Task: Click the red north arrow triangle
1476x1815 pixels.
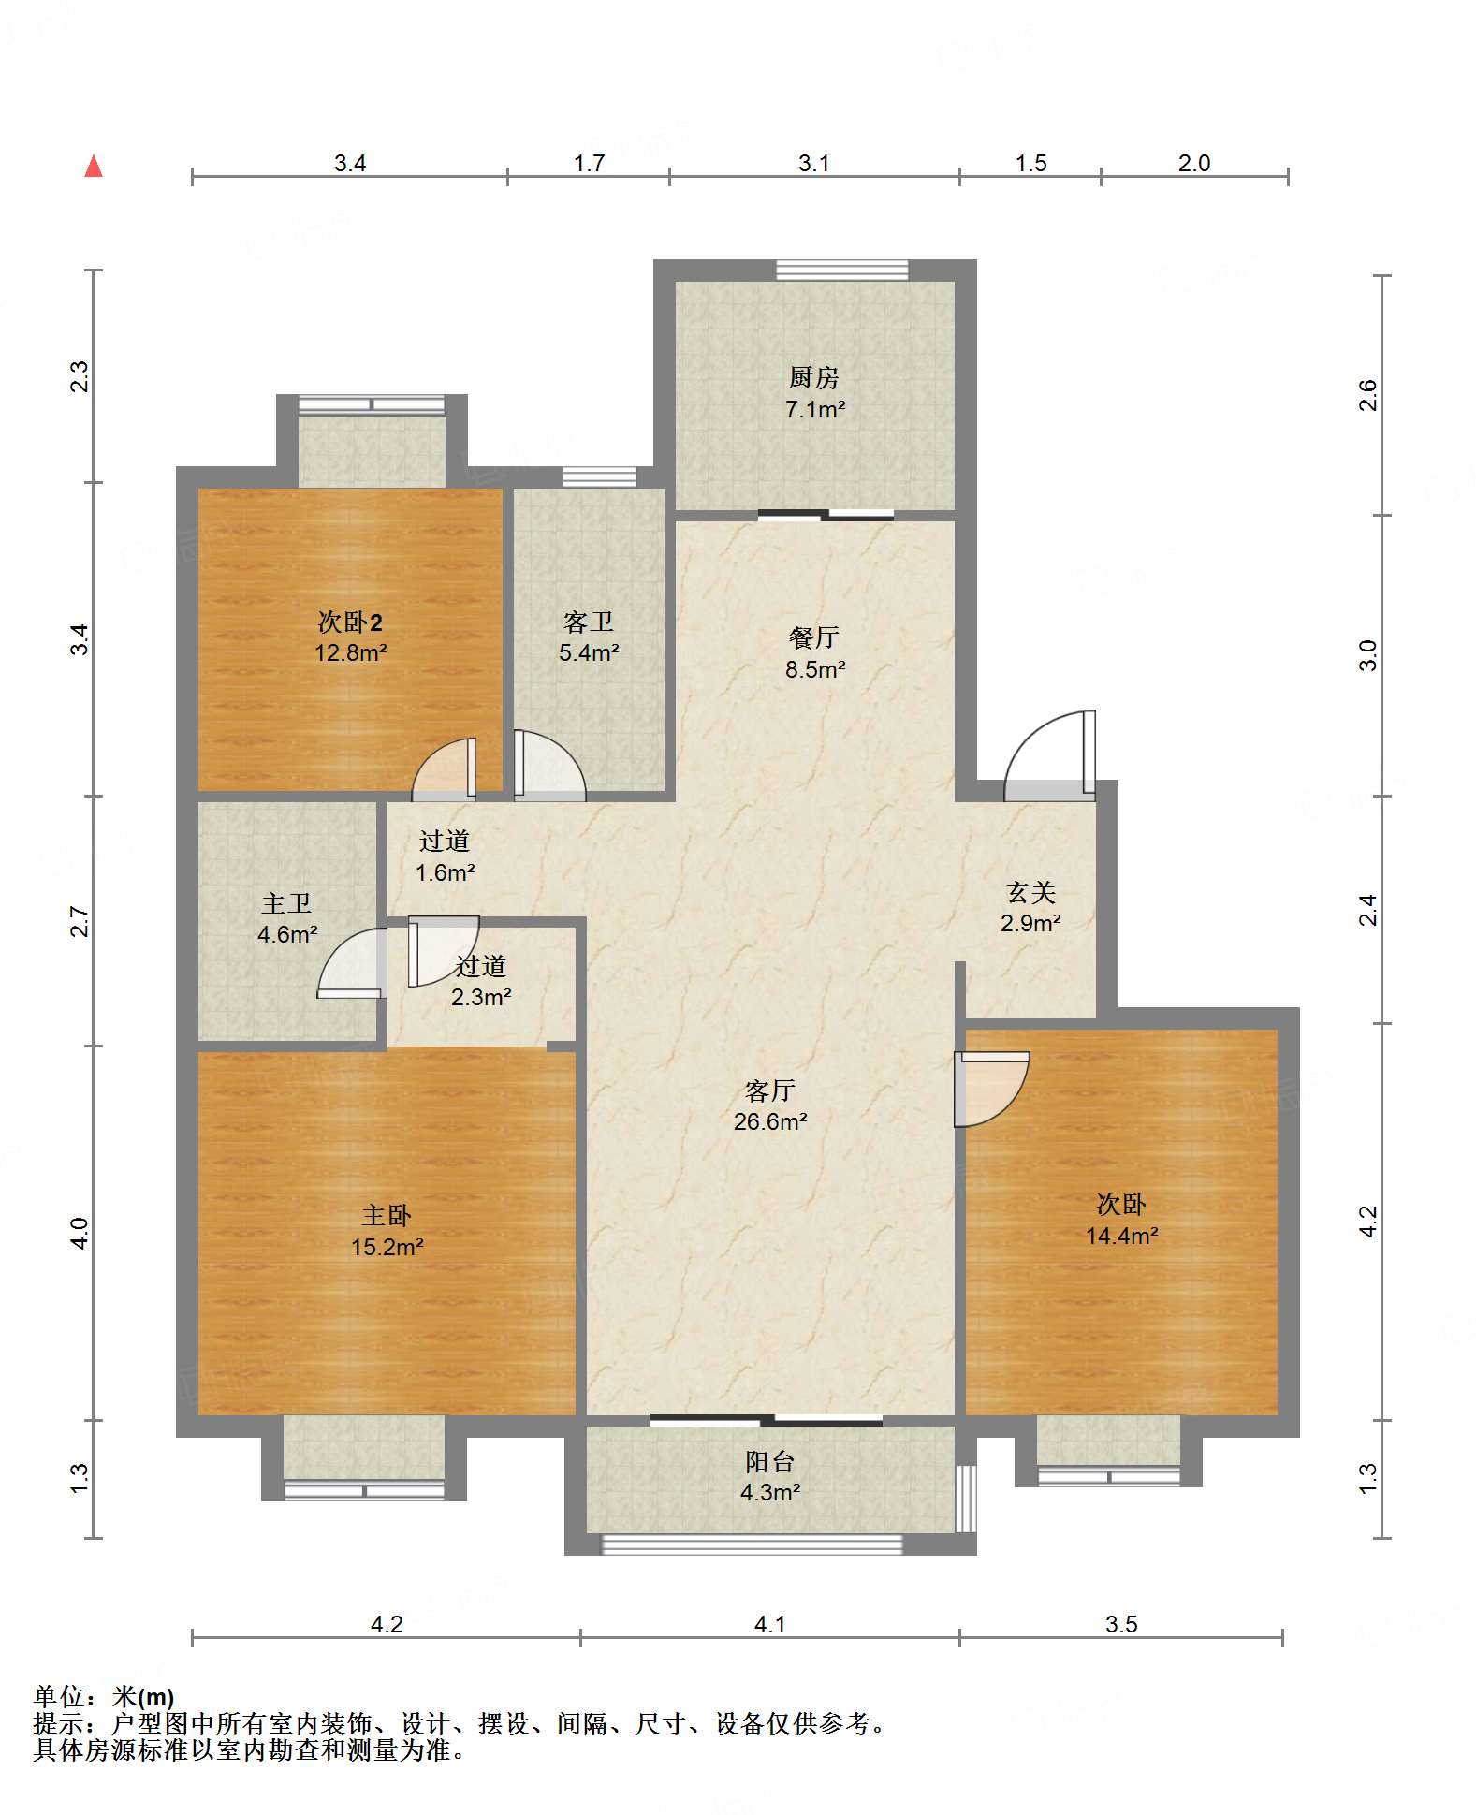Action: coord(94,167)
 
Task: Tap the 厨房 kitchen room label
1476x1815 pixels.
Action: coord(813,377)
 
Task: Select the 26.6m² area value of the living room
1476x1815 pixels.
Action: coord(770,1121)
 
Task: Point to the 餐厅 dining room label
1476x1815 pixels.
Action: coord(813,637)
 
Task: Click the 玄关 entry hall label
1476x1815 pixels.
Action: coord(1030,892)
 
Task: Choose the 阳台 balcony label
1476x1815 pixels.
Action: coord(769,1461)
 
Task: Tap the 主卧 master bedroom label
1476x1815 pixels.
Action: coord(387,1215)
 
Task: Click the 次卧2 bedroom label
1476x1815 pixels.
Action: coord(350,622)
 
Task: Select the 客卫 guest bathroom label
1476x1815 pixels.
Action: coord(588,622)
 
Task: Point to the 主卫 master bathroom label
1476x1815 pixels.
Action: coord(286,903)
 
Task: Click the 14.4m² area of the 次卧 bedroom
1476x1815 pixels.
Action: coord(1122,1236)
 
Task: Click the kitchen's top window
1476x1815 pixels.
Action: coord(842,270)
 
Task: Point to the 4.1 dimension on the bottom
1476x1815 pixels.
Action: coord(769,1624)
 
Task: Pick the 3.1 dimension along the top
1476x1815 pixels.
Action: coord(813,163)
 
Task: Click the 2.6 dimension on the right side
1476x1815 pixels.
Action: coord(1368,395)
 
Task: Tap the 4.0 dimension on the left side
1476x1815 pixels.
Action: coord(80,1233)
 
